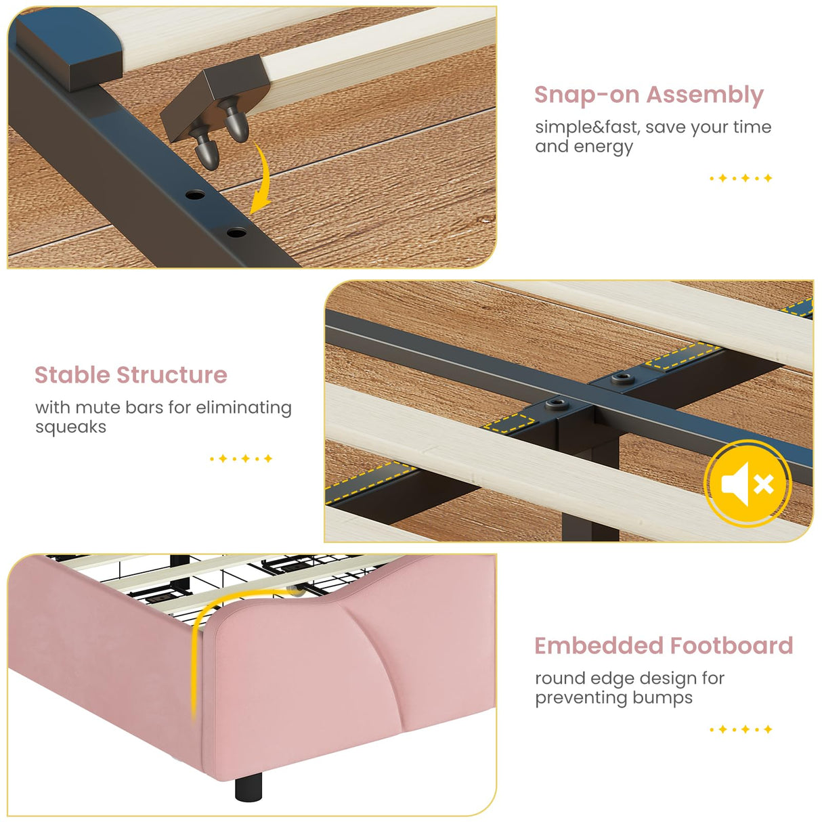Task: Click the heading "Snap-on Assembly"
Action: pyautogui.click(x=648, y=95)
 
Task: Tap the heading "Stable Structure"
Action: pyautogui.click(x=131, y=374)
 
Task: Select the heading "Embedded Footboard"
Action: pyautogui.click(x=663, y=645)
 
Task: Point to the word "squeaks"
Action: pyautogui.click(x=70, y=427)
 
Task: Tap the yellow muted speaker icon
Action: pyautogui.click(x=747, y=483)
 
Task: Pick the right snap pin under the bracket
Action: pyautogui.click(x=235, y=126)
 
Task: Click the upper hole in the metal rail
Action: pyautogui.click(x=195, y=195)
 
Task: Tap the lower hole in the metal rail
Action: pyautogui.click(x=236, y=232)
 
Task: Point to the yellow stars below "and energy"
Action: pyautogui.click(x=740, y=178)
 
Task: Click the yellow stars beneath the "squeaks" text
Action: pyautogui.click(x=241, y=458)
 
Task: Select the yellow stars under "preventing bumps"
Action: pyautogui.click(x=740, y=729)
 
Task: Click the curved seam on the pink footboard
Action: pyautogui.click(x=386, y=664)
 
